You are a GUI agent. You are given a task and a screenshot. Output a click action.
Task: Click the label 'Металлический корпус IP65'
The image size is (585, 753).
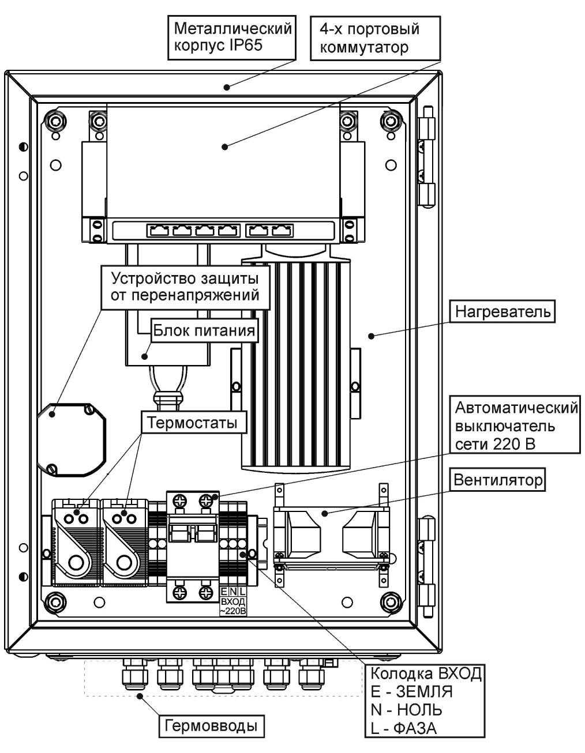(x=232, y=36)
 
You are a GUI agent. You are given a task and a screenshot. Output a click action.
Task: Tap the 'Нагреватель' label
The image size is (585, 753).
(x=502, y=312)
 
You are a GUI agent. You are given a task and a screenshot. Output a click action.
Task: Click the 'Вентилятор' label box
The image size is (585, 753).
(x=498, y=480)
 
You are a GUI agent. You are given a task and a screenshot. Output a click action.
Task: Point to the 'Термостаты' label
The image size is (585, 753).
(x=193, y=423)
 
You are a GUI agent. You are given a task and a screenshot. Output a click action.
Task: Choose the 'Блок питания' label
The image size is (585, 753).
(x=204, y=330)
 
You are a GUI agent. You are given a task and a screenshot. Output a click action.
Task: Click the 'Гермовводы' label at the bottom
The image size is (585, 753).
(x=211, y=725)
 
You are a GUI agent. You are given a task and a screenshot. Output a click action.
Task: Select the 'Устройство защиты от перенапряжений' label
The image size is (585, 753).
(x=185, y=287)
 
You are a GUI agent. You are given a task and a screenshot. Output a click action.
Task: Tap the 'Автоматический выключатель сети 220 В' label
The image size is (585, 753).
(x=515, y=426)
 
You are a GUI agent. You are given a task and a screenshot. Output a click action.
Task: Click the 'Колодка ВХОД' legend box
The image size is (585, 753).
(x=425, y=700)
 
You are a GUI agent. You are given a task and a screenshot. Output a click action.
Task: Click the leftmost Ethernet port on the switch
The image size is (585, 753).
(x=159, y=231)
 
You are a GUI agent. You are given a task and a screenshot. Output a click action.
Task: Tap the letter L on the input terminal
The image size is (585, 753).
(x=242, y=592)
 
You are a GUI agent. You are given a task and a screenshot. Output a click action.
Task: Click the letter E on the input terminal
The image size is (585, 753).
(x=224, y=592)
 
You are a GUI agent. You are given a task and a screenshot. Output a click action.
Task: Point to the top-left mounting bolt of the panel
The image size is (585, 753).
(x=55, y=122)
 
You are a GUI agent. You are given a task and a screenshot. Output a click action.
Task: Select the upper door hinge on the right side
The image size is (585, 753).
(x=427, y=155)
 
